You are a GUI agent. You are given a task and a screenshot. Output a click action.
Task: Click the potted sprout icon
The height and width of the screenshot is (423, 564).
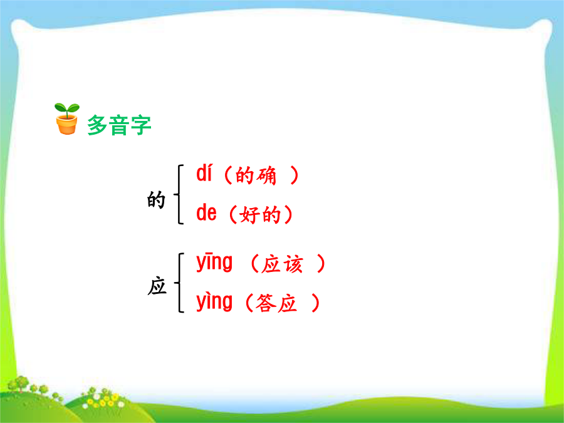click(x=67, y=118)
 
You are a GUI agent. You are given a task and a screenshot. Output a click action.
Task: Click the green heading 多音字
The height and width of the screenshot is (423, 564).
click(x=119, y=125)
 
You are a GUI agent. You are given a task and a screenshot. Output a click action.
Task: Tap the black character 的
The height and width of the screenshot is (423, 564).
click(x=156, y=200)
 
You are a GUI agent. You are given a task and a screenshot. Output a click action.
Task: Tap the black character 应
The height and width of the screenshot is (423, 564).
click(x=157, y=286)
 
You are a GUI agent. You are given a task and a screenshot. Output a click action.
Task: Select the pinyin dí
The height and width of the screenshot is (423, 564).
click(x=204, y=173)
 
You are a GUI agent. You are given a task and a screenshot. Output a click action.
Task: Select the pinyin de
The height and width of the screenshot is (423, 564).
click(x=206, y=213)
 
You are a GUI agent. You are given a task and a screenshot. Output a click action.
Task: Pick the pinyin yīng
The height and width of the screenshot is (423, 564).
click(x=214, y=262)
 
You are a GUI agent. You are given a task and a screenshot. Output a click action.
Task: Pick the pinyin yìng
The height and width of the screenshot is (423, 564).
click(x=214, y=302)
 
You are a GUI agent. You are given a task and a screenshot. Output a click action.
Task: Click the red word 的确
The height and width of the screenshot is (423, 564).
click(x=256, y=175)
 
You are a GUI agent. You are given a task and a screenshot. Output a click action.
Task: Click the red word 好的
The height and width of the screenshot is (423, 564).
click(x=260, y=215)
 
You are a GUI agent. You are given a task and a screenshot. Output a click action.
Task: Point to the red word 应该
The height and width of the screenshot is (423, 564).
click(x=283, y=264)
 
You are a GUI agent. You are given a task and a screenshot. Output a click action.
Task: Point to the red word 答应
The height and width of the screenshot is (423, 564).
click(x=276, y=303)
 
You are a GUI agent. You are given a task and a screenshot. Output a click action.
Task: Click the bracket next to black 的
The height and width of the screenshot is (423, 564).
click(x=179, y=194)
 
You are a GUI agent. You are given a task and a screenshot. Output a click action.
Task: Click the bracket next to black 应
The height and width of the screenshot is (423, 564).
click(x=179, y=283)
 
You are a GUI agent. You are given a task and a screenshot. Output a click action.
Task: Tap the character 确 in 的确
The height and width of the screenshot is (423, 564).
click(x=266, y=175)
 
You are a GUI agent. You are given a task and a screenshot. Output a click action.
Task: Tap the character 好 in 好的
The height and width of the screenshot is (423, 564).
click(x=249, y=215)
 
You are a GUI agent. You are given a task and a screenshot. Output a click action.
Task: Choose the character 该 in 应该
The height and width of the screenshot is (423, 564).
click(x=293, y=264)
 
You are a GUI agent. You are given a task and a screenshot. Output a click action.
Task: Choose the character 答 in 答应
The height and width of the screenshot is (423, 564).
click(x=266, y=303)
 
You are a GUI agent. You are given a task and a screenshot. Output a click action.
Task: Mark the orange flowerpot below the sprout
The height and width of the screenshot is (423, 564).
click(x=67, y=125)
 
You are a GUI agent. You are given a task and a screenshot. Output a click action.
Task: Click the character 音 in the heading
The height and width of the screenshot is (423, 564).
click(x=119, y=125)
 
